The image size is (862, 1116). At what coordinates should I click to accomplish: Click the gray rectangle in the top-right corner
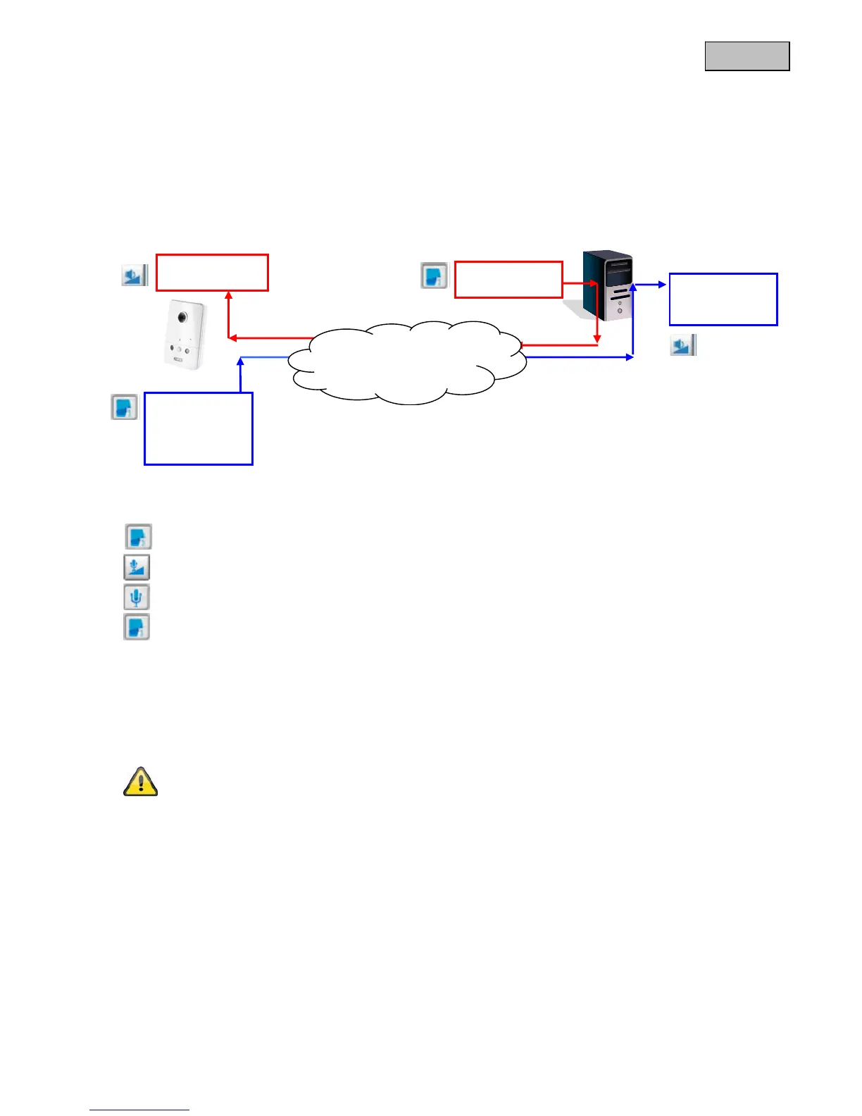747,56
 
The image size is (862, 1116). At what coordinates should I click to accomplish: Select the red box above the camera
212,273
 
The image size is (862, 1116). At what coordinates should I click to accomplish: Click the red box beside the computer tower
508,280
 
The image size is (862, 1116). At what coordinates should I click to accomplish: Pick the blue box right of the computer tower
723,299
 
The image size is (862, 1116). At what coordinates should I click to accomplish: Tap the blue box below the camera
198,428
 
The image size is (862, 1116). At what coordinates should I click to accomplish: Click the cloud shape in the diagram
408,362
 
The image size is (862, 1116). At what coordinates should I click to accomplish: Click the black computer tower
608,285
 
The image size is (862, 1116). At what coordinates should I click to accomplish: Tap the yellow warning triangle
140,782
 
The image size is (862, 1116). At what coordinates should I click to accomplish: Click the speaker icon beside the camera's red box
134,275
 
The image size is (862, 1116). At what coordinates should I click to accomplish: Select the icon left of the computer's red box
435,275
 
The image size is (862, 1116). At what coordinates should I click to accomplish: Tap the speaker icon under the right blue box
682,345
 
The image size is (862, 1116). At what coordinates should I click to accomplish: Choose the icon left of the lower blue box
125,407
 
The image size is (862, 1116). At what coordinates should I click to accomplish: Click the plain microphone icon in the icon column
137,597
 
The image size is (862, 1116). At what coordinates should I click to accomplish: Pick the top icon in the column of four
139,537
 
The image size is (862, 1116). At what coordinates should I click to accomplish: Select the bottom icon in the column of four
137,627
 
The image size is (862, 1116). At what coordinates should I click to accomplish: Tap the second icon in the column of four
137,567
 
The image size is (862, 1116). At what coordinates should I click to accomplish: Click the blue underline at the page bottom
139,1110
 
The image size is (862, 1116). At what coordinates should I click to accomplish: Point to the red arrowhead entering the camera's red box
228,294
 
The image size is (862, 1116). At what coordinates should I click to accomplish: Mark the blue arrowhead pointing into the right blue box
663,285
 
